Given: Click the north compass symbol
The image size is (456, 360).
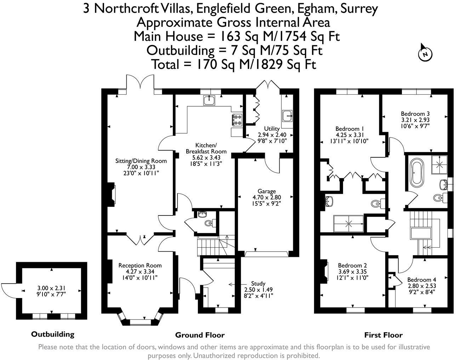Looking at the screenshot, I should click(425, 53).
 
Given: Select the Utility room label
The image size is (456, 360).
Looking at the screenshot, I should click(272, 129).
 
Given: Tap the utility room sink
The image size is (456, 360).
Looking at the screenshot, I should click(287, 115).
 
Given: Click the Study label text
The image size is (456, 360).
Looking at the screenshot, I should click(258, 283).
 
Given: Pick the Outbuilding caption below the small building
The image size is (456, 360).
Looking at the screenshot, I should click(53, 334).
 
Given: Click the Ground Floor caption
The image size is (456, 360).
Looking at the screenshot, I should click(200, 335).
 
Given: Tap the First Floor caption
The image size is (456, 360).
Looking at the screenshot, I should click(383, 335).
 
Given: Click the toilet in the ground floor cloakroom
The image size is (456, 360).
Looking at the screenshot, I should click(209, 223).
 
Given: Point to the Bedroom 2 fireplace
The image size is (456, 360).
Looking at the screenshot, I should click(325, 271).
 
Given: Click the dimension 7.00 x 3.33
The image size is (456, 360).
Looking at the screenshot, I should click(141, 167).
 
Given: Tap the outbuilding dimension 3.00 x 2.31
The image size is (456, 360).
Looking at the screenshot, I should click(52, 288).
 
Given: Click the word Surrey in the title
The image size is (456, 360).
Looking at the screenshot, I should click(359, 8).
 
